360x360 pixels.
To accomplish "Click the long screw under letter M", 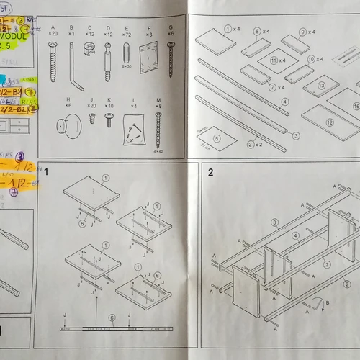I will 158,130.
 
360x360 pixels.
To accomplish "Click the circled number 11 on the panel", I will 274,61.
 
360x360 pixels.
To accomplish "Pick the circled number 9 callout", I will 302,32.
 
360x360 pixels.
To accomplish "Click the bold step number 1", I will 46,173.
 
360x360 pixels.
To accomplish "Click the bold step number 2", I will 210,173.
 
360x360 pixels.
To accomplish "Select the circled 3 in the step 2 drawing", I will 274,222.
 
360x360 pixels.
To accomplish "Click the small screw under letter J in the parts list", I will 92,118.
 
